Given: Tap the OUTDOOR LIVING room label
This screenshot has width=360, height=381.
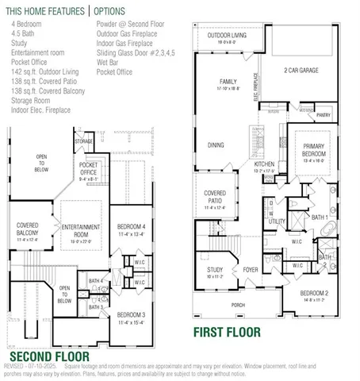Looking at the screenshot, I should click(x=226, y=36).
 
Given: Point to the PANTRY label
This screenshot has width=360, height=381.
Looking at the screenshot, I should click(x=324, y=115).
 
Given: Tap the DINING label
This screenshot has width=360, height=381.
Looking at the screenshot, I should click(x=216, y=146).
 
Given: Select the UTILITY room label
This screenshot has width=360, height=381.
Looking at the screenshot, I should click(x=277, y=221).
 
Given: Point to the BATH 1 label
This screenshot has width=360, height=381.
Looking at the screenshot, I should click(x=319, y=216).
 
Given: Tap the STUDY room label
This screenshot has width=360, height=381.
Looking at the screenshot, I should click(x=215, y=271).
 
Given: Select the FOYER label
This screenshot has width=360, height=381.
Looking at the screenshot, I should click(x=251, y=270).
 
